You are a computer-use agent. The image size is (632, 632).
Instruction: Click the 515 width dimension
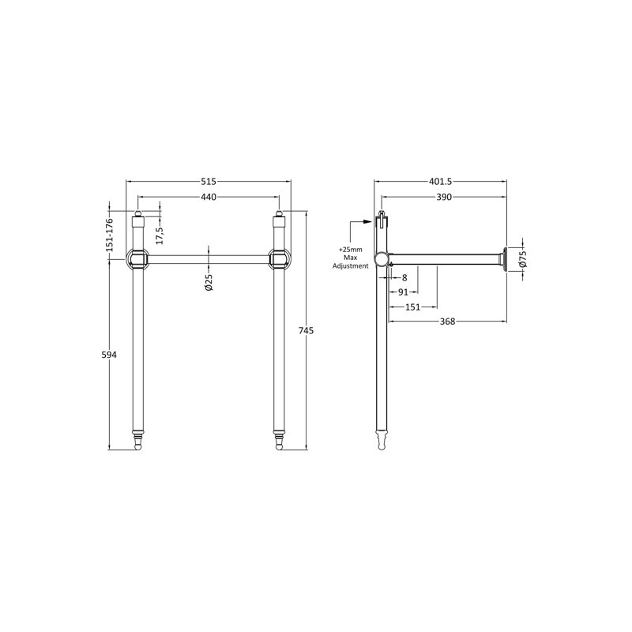pyautogui.click(x=209, y=182)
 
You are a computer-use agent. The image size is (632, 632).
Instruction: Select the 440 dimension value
pyautogui.click(x=209, y=197)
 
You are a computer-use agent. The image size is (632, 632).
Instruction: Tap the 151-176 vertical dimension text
pyautogui.click(x=109, y=235)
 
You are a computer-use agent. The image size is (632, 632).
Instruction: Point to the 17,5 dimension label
pyautogui.click(x=160, y=235)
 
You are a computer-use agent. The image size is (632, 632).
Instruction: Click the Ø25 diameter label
pyautogui.click(x=209, y=282)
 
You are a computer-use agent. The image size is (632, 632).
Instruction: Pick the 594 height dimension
pyautogui.click(x=109, y=355)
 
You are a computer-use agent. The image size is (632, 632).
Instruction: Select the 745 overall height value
pyautogui.click(x=306, y=331)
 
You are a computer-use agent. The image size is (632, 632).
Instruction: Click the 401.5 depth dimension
pyautogui.click(x=440, y=182)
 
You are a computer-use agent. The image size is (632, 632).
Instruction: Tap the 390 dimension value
pyautogui.click(x=444, y=197)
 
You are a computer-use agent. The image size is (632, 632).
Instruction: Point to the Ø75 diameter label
pyautogui.click(x=523, y=259)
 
